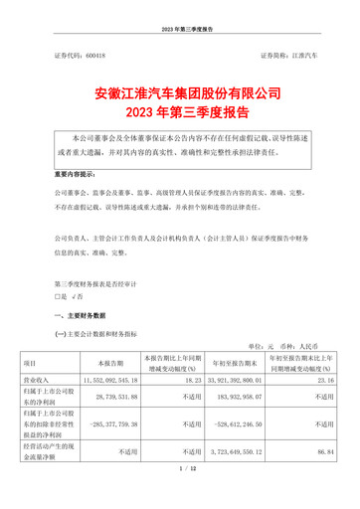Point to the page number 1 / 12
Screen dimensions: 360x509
180,496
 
